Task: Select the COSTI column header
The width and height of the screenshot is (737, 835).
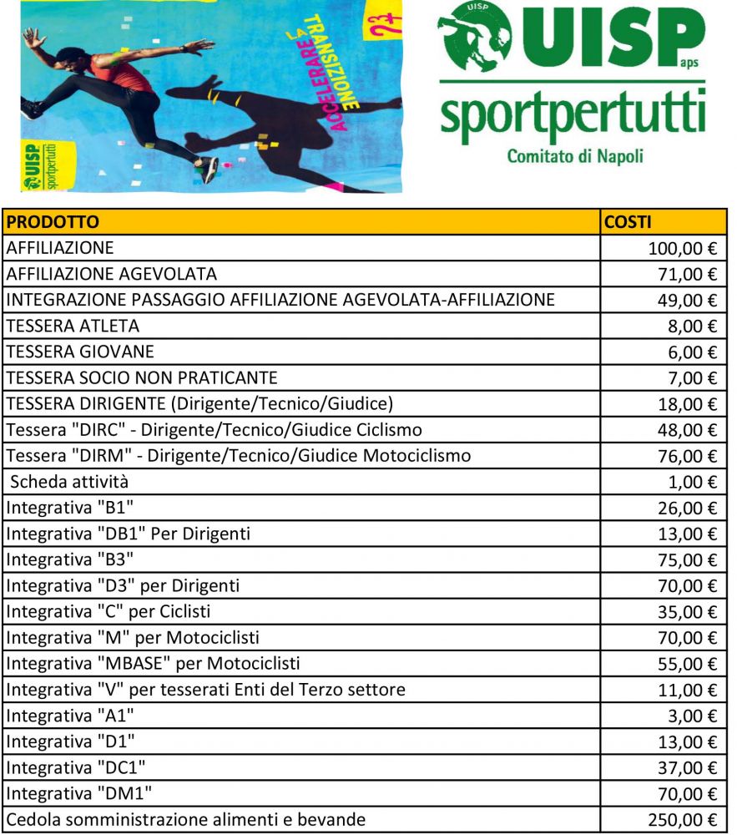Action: (628, 222)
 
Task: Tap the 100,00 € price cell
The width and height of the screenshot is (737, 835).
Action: (682, 249)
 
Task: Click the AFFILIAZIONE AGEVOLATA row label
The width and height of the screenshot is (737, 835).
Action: (111, 274)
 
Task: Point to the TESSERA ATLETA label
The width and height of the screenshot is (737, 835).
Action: (73, 326)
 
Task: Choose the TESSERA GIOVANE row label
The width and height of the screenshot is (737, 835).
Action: (80, 352)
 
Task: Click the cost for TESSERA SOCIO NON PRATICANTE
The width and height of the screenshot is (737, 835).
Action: (692, 378)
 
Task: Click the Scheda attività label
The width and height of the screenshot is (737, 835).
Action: (69, 482)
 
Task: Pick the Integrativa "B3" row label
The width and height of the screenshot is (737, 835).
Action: (70, 559)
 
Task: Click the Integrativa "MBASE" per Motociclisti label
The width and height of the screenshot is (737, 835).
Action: (153, 663)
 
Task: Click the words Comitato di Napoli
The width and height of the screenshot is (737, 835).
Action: (574, 155)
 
